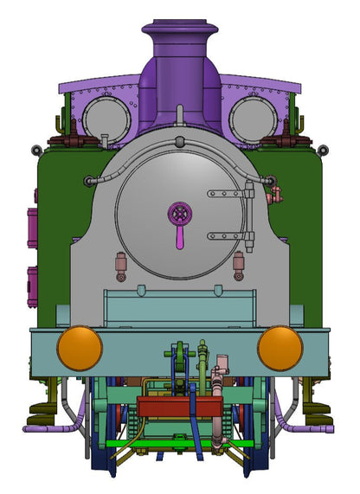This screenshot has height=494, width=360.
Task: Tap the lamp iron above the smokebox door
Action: [179, 115]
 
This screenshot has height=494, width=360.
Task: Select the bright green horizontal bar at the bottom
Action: [179, 443]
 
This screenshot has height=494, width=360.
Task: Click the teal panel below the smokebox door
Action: [179, 308]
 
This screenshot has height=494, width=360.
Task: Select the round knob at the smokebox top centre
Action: [179, 141]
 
